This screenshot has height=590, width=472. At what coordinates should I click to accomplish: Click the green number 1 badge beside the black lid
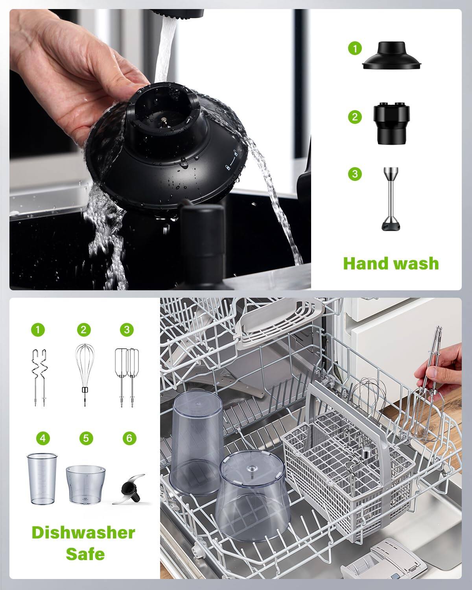tap(355, 49)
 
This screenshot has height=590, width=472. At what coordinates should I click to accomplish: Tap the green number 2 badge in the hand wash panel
tap(355, 117)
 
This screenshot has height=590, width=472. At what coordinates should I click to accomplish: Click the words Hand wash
tap(391, 263)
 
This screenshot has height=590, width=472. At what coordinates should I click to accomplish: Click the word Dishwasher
tap(83, 533)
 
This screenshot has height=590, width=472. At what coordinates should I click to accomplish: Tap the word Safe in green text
tap(85, 554)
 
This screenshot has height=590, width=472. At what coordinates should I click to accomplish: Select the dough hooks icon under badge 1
tap(39, 377)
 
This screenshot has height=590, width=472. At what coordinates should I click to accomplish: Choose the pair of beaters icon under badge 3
tap(127, 377)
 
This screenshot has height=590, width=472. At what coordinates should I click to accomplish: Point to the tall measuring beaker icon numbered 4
tap(42, 479)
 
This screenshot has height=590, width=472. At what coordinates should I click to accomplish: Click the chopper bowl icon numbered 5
tap(85, 484)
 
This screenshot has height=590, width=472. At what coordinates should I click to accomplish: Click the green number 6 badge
tap(129, 438)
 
